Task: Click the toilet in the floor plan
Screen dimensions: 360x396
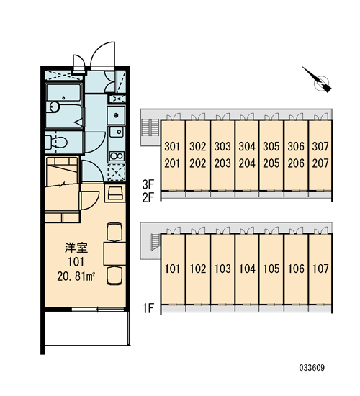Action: tap(56, 143)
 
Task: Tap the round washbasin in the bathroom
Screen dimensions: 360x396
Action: tap(54, 107)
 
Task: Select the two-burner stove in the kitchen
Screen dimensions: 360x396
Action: tap(117, 156)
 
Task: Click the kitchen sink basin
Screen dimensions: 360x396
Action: tap(117, 132)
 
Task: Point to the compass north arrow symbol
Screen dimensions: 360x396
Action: tap(318, 80)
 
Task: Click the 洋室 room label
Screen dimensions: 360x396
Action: tap(76, 248)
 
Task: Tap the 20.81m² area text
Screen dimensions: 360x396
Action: tap(76, 276)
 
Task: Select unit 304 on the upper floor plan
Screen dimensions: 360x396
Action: tap(247, 146)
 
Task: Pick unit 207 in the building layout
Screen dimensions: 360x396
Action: tap(320, 163)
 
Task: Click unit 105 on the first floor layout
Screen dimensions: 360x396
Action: tap(271, 269)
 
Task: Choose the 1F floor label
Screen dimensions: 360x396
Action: tap(148, 308)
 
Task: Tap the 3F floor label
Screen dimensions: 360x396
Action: tap(148, 184)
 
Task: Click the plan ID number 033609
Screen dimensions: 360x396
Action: tap(312, 367)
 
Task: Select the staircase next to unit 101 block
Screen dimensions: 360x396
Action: tap(155, 242)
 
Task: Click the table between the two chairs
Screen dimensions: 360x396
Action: tap(114, 253)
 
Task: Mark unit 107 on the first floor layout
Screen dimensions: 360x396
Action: tap(320, 269)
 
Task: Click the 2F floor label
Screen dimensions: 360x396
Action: tap(148, 197)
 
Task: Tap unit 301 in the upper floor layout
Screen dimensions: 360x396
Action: tap(172, 146)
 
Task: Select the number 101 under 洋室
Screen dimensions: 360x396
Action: tap(76, 262)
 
